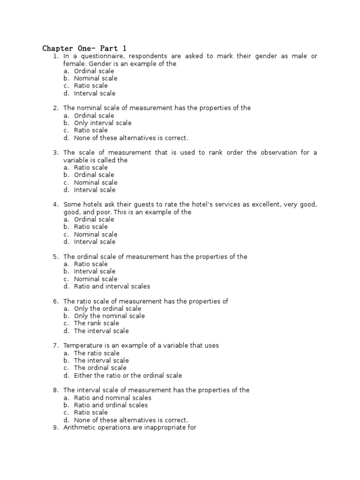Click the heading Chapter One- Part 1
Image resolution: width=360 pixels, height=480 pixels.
click(x=84, y=48)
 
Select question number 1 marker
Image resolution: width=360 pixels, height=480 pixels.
click(x=55, y=56)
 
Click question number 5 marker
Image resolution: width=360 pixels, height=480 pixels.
click(x=55, y=257)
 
